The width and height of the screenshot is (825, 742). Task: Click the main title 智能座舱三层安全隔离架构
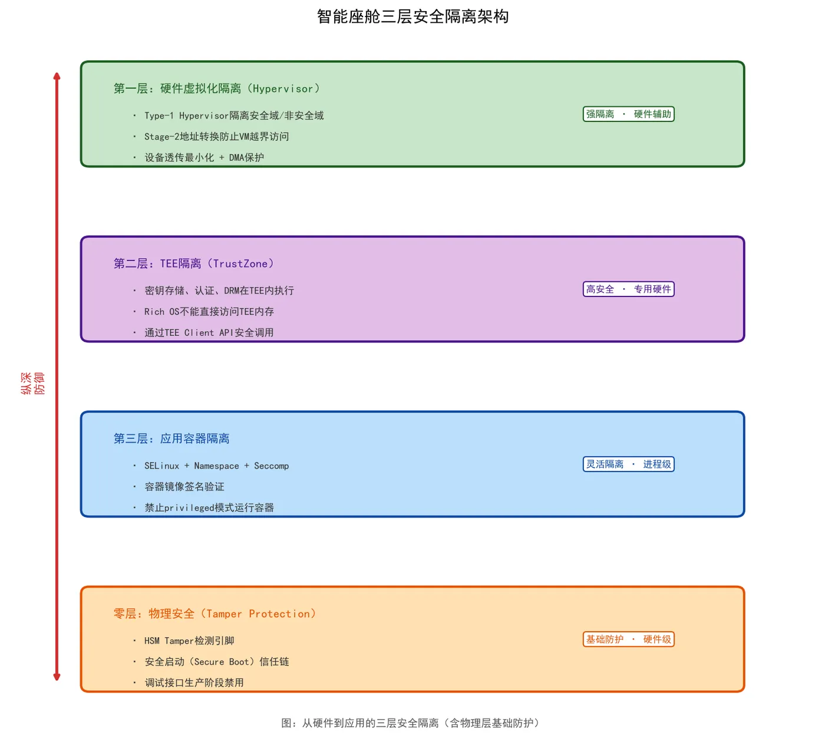point(412,17)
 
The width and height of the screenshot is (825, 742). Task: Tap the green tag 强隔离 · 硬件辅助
point(628,114)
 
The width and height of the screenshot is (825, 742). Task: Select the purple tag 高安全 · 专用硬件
point(628,289)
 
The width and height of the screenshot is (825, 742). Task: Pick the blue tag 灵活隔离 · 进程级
point(628,464)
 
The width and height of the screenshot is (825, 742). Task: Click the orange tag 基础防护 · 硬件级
point(628,639)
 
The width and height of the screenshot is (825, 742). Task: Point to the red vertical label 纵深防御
point(32,383)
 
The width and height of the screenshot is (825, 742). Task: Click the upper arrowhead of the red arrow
point(57,75)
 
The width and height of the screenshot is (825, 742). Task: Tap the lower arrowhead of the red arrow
point(57,677)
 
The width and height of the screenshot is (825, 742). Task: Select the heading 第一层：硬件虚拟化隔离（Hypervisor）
point(217,88)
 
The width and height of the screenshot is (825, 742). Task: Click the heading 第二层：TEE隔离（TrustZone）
point(194,263)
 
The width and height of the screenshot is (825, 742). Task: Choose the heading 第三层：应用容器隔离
point(171,438)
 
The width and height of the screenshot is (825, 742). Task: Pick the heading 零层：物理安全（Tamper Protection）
point(214,614)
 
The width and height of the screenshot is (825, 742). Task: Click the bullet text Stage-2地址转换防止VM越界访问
point(216,136)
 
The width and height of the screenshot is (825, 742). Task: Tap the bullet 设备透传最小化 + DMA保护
point(204,157)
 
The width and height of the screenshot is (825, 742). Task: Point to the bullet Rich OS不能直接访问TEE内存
point(209,311)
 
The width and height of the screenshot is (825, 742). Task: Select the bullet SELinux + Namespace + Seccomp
point(216,466)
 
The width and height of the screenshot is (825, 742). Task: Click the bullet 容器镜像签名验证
point(184,487)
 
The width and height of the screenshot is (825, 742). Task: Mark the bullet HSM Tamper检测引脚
point(189,641)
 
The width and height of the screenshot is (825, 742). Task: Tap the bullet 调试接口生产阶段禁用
point(194,682)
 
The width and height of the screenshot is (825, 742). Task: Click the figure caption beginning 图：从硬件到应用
point(410,723)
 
